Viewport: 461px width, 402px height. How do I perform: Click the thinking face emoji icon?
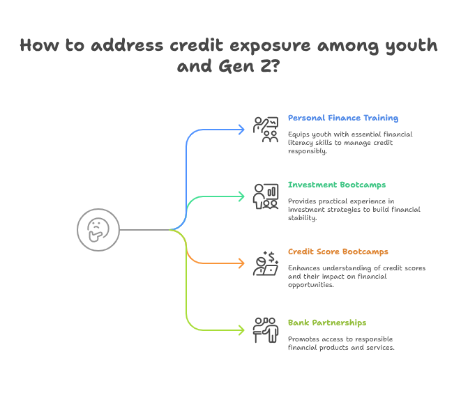pos(98,229)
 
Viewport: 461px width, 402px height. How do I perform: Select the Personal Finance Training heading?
pos(343,118)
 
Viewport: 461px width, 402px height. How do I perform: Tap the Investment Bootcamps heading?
pos(337,185)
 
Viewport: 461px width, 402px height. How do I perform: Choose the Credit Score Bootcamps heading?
pos(338,252)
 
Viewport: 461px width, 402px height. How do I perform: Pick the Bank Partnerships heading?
pos(326,323)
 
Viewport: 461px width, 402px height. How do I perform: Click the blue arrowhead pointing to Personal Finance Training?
pos(240,130)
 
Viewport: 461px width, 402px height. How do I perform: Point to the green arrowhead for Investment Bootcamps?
pos(240,196)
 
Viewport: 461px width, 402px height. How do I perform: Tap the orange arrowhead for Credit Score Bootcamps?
pos(240,263)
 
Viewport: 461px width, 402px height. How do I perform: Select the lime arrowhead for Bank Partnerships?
pos(240,330)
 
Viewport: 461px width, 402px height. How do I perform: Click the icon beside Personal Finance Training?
pos(266,130)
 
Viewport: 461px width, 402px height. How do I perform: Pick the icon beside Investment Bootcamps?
pos(266,196)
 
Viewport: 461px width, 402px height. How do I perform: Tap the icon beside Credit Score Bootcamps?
pos(266,263)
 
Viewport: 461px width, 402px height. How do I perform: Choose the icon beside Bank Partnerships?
pos(266,330)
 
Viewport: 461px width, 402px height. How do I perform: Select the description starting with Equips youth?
pos(351,141)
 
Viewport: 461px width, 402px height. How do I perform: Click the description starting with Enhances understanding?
pos(356,276)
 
